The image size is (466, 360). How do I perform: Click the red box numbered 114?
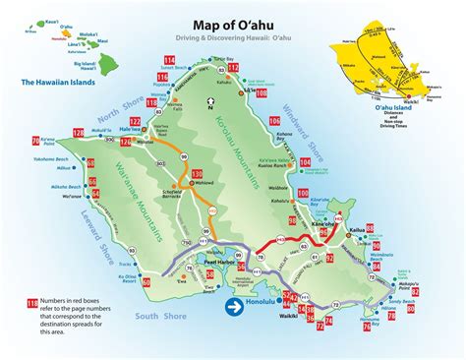click(x=168, y=62)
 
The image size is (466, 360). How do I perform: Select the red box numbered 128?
click(x=78, y=133)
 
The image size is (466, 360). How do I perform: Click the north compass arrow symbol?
click(x=208, y=101)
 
